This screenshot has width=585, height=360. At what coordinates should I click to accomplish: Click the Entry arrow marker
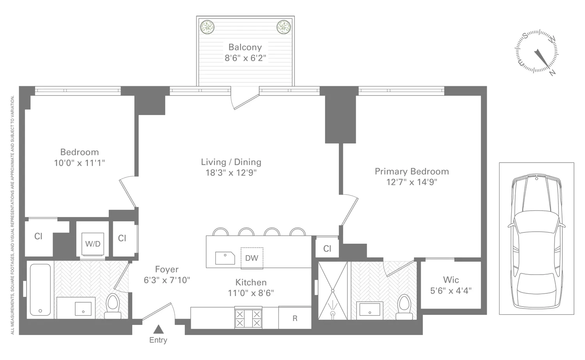tap(158, 329)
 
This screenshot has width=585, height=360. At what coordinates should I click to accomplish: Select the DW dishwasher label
tap(252, 258)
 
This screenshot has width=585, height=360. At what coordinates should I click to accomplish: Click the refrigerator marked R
tap(295, 318)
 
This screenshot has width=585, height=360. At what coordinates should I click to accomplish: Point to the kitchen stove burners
tap(248, 318)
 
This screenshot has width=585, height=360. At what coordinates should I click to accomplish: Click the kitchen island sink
tap(225, 258)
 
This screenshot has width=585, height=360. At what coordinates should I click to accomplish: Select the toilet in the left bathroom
tap(113, 307)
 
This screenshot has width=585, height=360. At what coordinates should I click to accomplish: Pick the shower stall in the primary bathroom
tap(333, 291)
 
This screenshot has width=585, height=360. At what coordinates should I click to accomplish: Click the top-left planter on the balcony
tap(207, 27)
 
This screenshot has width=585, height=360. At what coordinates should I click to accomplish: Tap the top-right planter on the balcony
tap(284, 27)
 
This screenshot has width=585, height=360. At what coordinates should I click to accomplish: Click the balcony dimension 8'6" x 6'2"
tap(245, 59)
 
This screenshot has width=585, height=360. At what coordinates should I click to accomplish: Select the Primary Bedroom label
tap(411, 171)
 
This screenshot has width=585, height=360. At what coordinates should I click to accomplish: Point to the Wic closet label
tap(451, 280)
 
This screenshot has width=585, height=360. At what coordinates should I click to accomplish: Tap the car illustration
tap(536, 238)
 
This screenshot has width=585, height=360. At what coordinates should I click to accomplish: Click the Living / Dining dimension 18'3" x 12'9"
tap(231, 172)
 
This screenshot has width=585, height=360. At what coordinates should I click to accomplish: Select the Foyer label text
tap(167, 269)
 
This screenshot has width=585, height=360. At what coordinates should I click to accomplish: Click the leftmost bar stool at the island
tap(221, 232)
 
